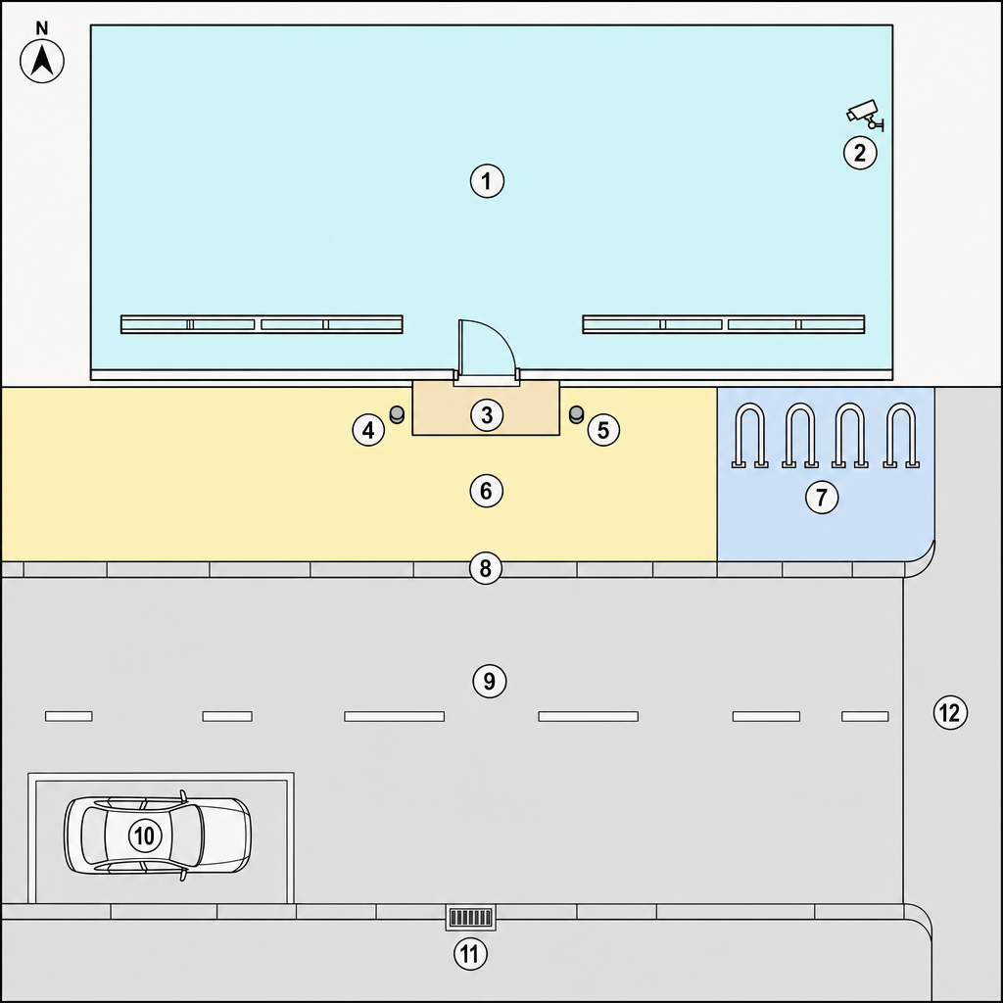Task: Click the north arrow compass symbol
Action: [42, 62]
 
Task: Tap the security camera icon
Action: [865, 116]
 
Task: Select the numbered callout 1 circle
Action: [487, 181]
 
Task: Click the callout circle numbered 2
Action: [860, 153]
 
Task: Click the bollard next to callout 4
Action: [397, 414]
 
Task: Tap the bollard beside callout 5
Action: [576, 414]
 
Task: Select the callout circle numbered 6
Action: [486, 491]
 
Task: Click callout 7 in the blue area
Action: [822, 497]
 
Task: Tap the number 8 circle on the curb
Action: [486, 568]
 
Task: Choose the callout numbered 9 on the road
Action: [490, 681]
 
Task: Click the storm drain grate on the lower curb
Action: [471, 918]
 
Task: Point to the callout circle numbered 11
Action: [470, 954]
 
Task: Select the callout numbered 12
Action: [950, 712]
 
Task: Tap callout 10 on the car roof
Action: [145, 835]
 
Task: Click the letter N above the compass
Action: [41, 28]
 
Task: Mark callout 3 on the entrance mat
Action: [487, 414]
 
